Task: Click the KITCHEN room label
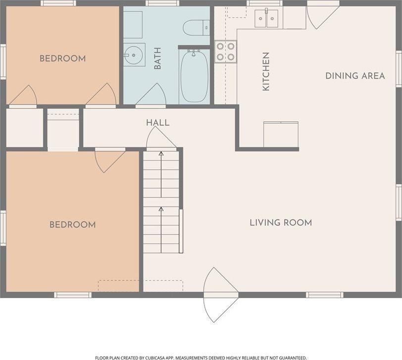tap(266, 71)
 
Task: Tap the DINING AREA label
tap(355, 76)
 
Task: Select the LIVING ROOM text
tap(281, 222)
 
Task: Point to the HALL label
tap(157, 123)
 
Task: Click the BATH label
tap(157, 58)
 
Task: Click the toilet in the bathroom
tap(197, 27)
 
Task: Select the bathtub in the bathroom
tap(195, 76)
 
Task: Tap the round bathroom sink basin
tap(133, 54)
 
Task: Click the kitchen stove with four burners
tap(226, 51)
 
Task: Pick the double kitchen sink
tap(266, 18)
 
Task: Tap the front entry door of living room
tap(221, 295)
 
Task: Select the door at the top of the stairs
tap(161, 138)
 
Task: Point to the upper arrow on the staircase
tap(161, 174)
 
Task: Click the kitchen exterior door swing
tap(323, 17)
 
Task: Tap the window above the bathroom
tap(162, 3)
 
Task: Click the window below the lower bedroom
tap(73, 295)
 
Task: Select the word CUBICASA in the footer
tap(154, 358)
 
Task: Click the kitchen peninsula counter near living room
tap(281, 135)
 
